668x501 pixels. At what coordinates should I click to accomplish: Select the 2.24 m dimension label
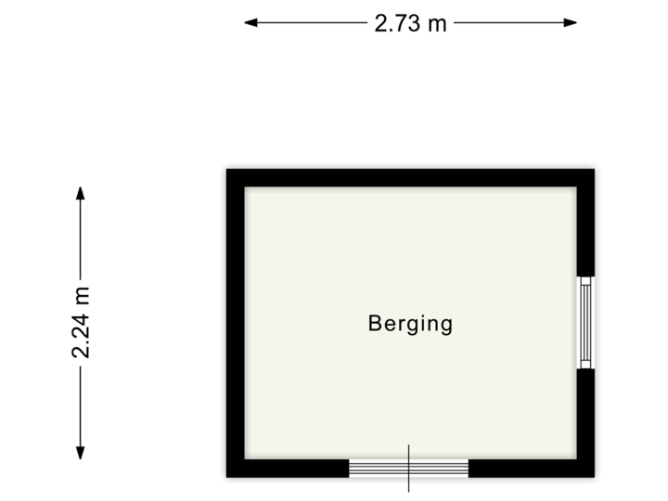click(x=82, y=322)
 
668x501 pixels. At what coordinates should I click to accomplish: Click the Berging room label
click(x=410, y=324)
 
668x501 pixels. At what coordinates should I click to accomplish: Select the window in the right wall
click(x=586, y=322)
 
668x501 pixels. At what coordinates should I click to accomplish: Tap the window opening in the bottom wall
click(x=408, y=469)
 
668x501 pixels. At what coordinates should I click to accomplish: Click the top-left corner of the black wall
click(x=223, y=166)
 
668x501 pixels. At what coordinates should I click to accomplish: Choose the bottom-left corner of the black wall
click(x=223, y=481)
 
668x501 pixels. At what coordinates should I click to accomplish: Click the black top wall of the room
click(x=410, y=175)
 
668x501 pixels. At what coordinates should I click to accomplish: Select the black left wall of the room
click(x=233, y=323)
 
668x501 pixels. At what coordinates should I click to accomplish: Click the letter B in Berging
click(x=376, y=324)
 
